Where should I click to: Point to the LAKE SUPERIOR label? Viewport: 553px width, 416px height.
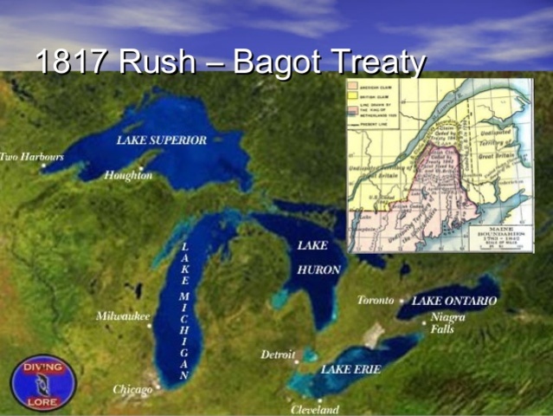162,140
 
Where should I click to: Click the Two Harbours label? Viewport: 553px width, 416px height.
31,157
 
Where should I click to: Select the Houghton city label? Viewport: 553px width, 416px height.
128,175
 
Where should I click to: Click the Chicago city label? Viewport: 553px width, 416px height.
132,390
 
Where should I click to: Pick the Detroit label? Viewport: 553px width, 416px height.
278,354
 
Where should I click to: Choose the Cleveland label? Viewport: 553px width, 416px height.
315,409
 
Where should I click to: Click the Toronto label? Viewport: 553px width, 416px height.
376,300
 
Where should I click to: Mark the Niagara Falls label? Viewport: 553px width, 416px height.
447,322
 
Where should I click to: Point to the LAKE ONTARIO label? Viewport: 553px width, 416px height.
454,300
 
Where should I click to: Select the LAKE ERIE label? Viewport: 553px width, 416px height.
349,369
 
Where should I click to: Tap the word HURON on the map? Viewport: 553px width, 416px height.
318,270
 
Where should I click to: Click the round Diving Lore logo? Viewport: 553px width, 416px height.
43,382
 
